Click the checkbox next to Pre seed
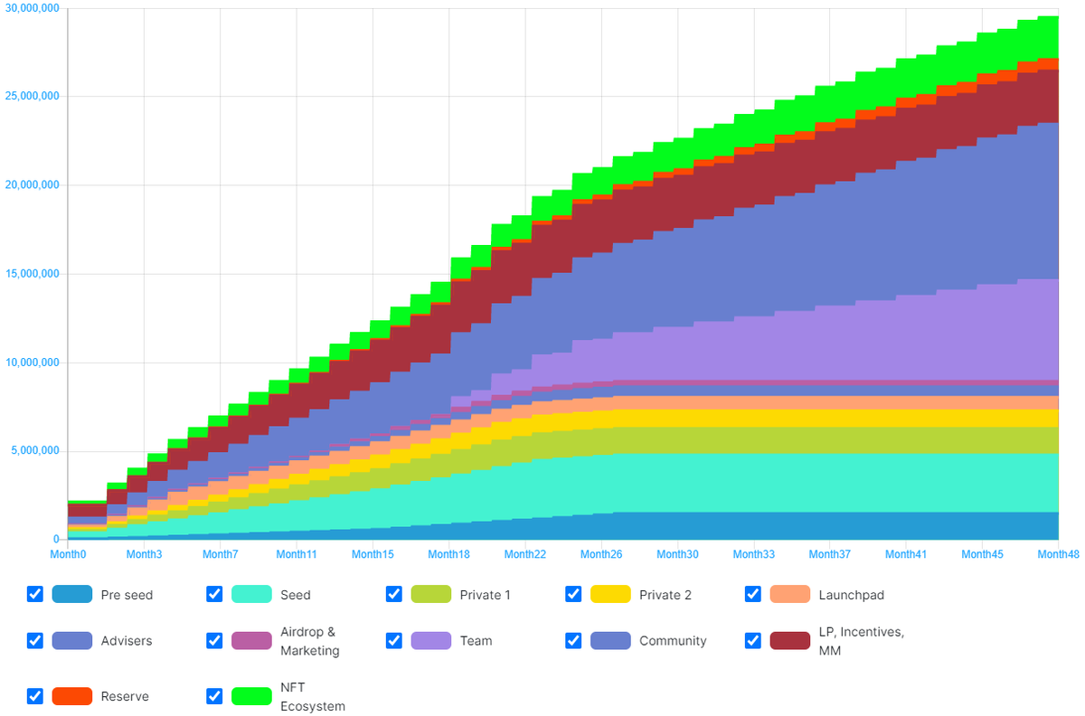tap(35, 594)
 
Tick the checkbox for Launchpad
tap(753, 594)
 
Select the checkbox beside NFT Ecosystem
tap(214, 696)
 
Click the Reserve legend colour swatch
tap(72, 696)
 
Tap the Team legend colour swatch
tap(431, 640)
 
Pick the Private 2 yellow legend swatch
tap(610, 594)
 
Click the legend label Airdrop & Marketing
tap(309, 641)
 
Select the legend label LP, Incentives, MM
tap(861, 641)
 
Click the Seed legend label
tap(296, 595)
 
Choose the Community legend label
tap(673, 641)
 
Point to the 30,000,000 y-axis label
tap(32, 9)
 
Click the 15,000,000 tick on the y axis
tap(32, 274)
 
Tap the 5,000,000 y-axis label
tap(34, 451)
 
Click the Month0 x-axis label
tap(68, 553)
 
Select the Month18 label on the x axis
tap(448, 553)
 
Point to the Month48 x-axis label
tap(1058, 553)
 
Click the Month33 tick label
tap(752, 553)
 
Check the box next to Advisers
tap(35, 640)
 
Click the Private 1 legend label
tap(485, 595)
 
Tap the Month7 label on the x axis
tap(221, 553)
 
